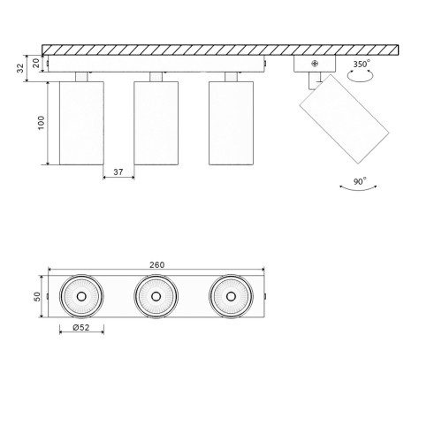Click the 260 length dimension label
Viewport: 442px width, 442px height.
[158, 265]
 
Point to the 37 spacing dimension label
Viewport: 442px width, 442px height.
[118, 171]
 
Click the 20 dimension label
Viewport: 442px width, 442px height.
[36, 62]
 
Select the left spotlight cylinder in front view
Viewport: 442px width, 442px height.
[81, 123]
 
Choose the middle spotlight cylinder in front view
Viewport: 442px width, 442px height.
[157, 123]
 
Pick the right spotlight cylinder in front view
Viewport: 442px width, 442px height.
[232, 123]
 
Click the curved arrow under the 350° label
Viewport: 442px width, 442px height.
[359, 78]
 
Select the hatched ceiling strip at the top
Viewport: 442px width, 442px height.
[221, 50]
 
